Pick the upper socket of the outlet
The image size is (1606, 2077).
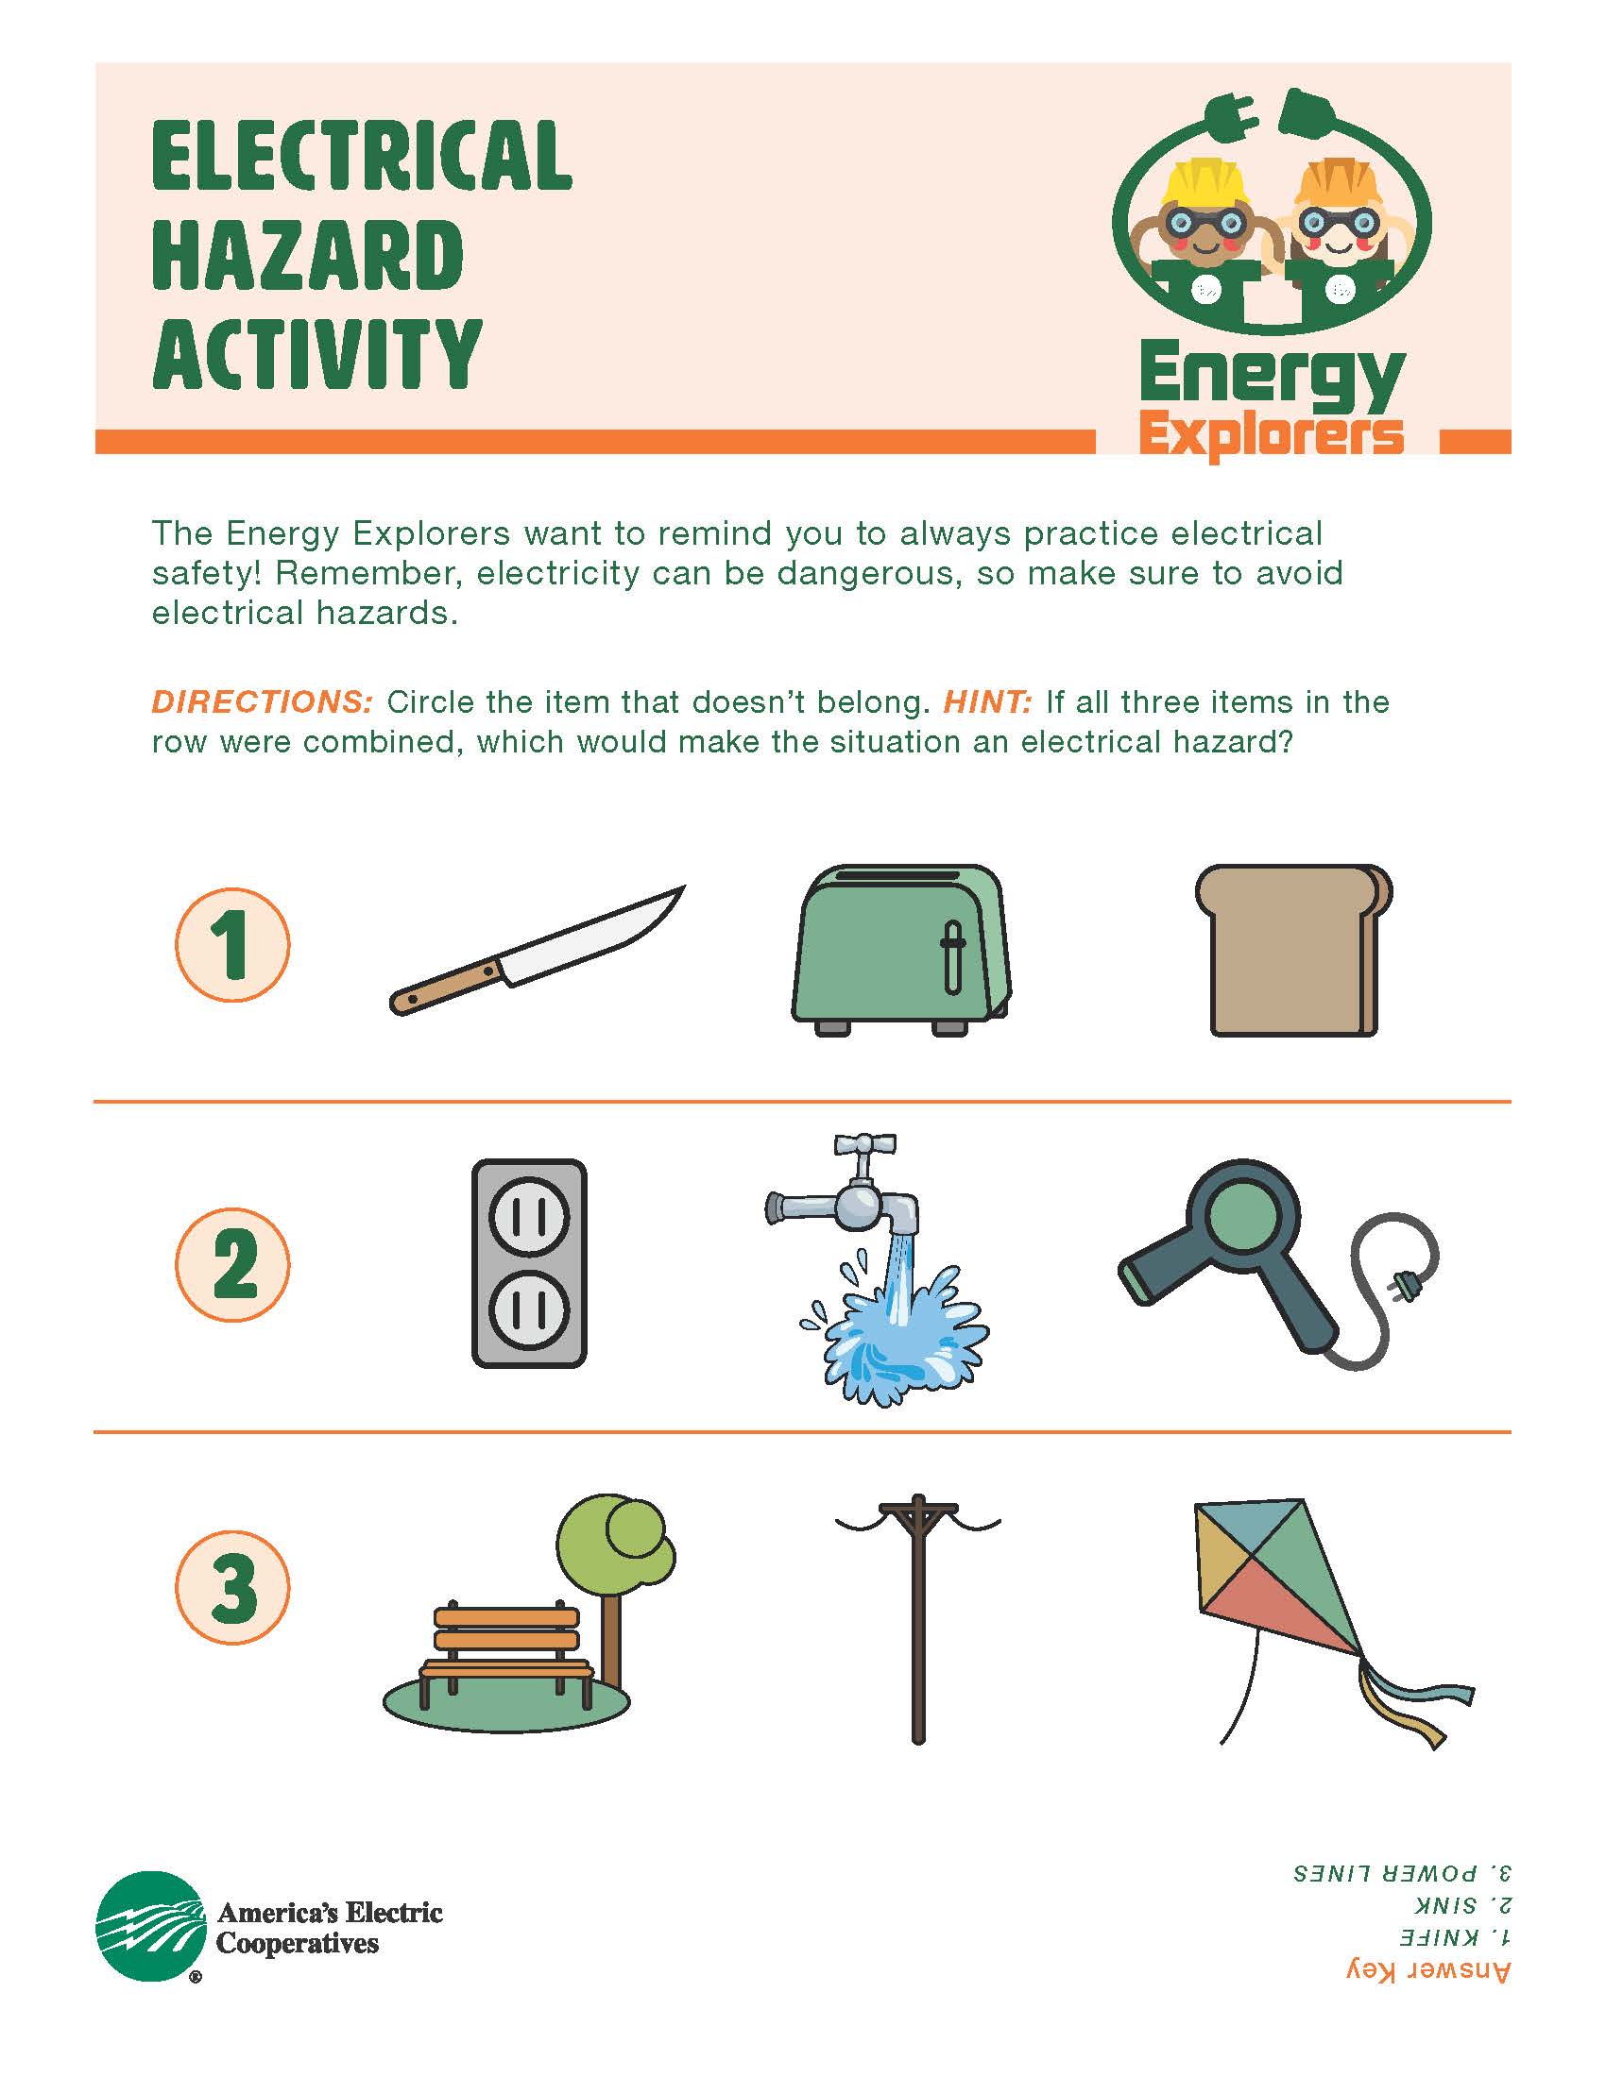[529, 1217]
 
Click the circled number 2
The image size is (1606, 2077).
[232, 1265]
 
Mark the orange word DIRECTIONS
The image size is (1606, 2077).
[262, 702]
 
